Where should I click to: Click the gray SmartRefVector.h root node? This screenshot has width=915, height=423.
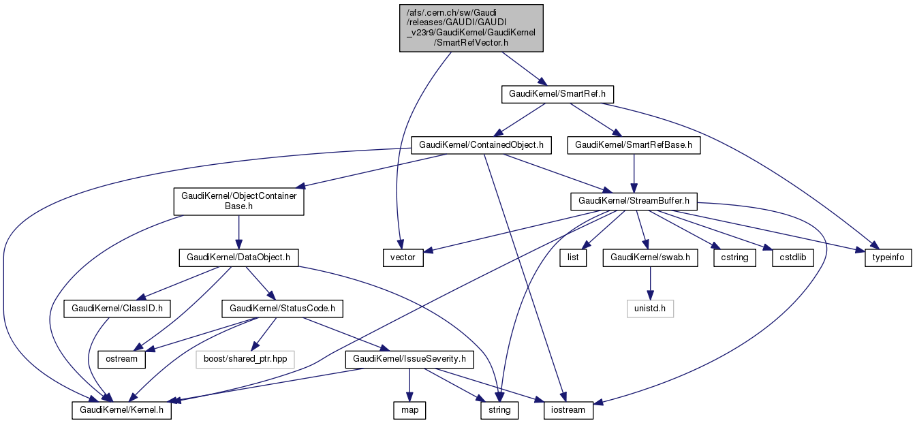click(x=471, y=28)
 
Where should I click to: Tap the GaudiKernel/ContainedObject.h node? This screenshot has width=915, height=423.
click(x=481, y=145)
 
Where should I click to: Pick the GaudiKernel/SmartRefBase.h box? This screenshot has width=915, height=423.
click(x=634, y=145)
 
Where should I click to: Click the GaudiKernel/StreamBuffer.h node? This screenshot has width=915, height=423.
click(x=634, y=201)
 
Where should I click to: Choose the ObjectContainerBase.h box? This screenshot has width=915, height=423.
click(x=238, y=201)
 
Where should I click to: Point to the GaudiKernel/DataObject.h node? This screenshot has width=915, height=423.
click(x=238, y=257)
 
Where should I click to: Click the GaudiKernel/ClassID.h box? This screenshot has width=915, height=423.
click(x=114, y=309)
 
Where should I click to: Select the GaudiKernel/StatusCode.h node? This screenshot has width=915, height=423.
click(x=283, y=309)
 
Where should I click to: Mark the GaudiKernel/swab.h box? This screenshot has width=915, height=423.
click(x=650, y=257)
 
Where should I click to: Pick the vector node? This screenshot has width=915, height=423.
click(x=403, y=258)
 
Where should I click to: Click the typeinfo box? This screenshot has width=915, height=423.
click(x=888, y=258)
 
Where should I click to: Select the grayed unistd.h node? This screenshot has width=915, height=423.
click(x=650, y=309)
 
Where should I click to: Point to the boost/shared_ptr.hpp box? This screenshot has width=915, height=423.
click(x=246, y=359)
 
